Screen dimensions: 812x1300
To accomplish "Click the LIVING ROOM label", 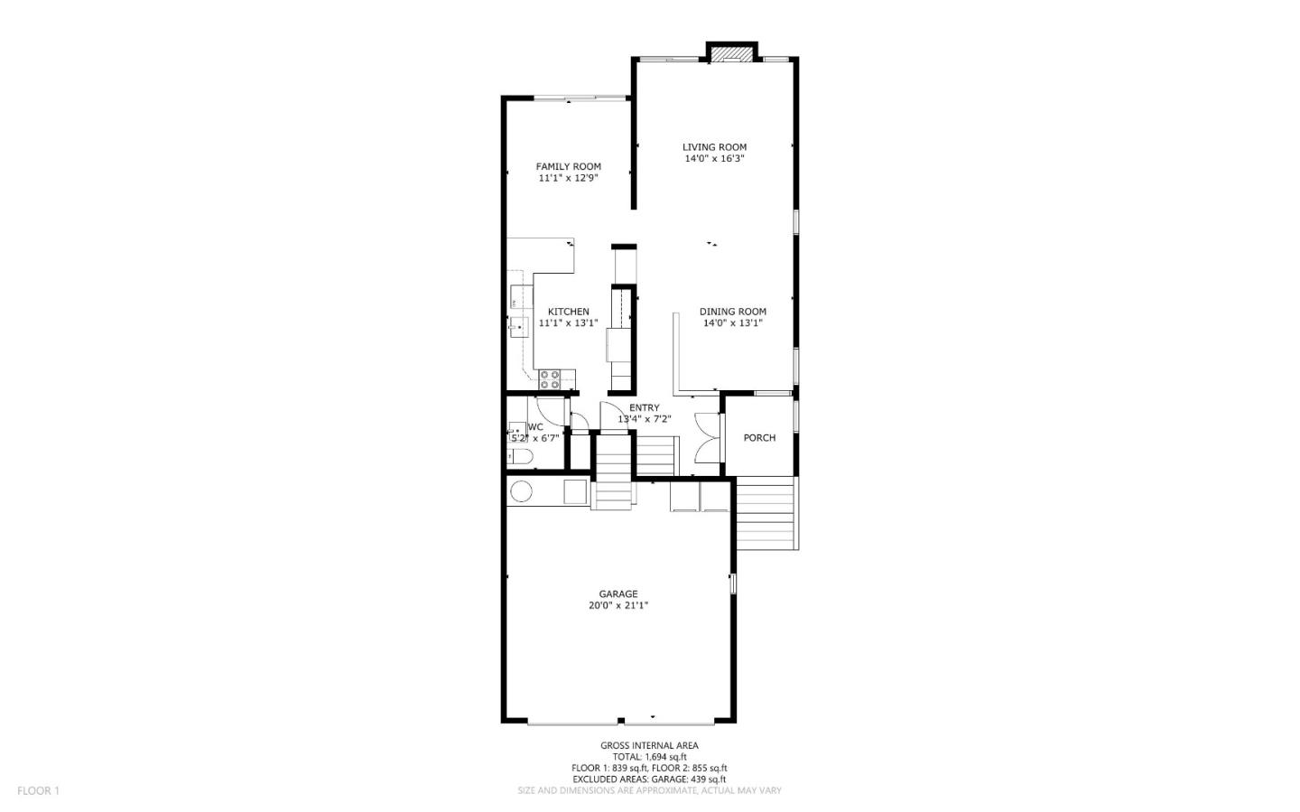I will click(x=714, y=147).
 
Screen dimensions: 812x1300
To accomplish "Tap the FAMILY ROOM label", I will click(x=568, y=166).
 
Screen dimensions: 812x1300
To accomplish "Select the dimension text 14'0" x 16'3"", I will click(x=714, y=159).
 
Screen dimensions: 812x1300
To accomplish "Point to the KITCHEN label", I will click(x=568, y=312).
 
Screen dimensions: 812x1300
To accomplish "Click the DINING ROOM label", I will click(x=732, y=312).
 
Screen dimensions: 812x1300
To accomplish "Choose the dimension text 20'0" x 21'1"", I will click(x=618, y=606).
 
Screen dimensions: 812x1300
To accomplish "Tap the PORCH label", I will click(x=759, y=438).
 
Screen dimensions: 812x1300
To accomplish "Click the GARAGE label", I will click(x=618, y=594).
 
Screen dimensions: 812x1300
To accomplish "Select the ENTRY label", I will click(x=644, y=407).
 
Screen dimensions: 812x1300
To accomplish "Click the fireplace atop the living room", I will click(x=731, y=53).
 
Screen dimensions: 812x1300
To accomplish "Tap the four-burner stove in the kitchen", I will click(x=551, y=379).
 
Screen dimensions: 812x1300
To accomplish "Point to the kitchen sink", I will click(x=518, y=326).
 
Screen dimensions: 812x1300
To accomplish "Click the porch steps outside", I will click(x=766, y=513).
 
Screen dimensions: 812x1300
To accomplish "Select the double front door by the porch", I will click(x=710, y=437).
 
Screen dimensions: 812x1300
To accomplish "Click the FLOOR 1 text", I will click(x=38, y=791).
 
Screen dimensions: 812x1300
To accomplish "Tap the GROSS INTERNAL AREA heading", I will click(x=649, y=746).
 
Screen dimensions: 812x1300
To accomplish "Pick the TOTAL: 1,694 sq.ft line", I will click(x=649, y=757).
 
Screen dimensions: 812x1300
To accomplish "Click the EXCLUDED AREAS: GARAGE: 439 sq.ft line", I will click(x=649, y=779).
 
